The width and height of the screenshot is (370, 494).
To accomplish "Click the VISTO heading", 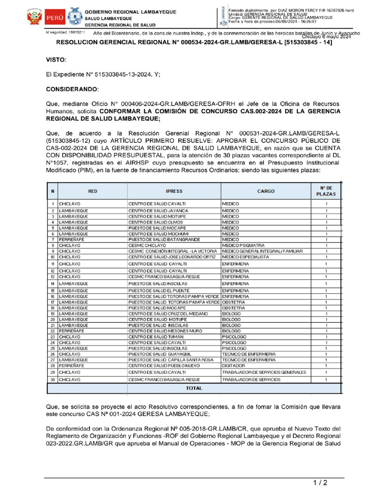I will coord(56,59).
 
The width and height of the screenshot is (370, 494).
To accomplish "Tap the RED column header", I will coord(92,192).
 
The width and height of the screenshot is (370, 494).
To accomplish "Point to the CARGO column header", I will coord(265,192).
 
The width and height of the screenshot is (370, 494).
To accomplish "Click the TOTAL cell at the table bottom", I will coord(194,388).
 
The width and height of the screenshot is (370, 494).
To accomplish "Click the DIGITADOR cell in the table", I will coord(233,366).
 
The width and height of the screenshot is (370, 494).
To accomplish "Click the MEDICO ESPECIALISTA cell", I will coord(246,257).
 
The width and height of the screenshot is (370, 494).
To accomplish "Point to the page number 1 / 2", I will coord(319,482).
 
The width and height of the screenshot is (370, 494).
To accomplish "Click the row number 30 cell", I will coord(53,380).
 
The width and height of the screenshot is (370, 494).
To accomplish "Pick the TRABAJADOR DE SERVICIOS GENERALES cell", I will coord(264,372).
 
